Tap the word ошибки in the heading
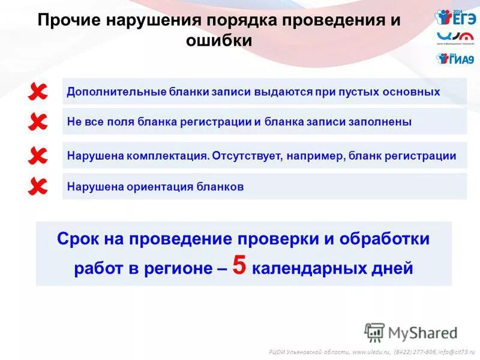tap(219, 41)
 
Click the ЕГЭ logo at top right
tap(455, 18)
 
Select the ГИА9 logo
tap(455, 59)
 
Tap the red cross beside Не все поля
tap(37, 122)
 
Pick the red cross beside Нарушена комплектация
tap(37, 157)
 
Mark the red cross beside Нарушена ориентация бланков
tap(37, 187)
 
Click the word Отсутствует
tap(247, 156)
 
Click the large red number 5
tap(239, 266)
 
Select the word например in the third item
tap(315, 156)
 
